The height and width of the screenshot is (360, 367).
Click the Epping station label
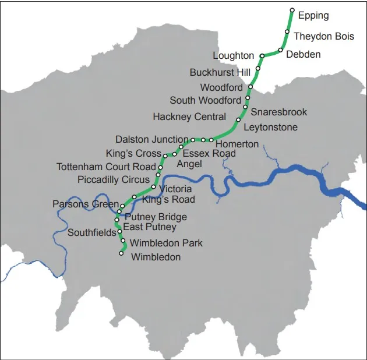(x=313, y=16)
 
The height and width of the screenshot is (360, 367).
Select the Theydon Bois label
(x=323, y=36)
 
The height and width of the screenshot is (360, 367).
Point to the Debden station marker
(x=281, y=50)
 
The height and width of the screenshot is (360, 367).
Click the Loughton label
(x=233, y=56)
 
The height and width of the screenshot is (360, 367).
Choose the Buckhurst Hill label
(x=220, y=73)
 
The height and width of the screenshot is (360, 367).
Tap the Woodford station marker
(x=250, y=87)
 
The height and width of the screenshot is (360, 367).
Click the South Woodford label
(x=205, y=101)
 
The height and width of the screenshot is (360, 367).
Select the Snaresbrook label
(x=279, y=112)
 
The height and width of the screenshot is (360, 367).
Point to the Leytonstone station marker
(x=238, y=120)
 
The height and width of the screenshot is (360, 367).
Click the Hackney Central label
(x=189, y=117)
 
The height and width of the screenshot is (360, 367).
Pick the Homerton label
(x=237, y=144)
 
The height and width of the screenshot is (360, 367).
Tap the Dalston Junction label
(x=152, y=140)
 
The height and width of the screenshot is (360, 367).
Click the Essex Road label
(x=209, y=153)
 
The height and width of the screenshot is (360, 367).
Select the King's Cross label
(x=133, y=154)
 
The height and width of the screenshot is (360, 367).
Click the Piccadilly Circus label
(x=114, y=180)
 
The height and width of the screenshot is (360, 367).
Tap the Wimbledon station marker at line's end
(x=121, y=253)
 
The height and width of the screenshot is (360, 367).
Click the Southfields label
(x=92, y=233)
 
